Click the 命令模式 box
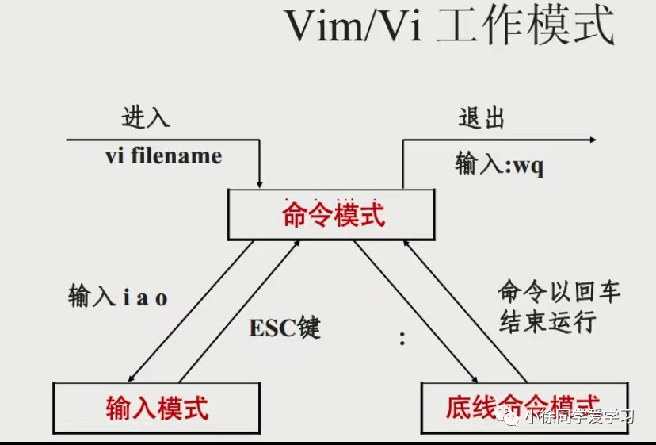point(334,215)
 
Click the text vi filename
point(163,155)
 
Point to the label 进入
point(146,118)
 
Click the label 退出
point(482,118)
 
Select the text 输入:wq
point(499,166)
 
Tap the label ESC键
point(285,328)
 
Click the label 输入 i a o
point(118,297)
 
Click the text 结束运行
point(547,322)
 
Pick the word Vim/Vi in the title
point(353,28)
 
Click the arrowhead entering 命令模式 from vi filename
point(260,184)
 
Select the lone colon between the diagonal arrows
point(402,340)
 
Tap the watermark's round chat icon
point(508,420)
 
